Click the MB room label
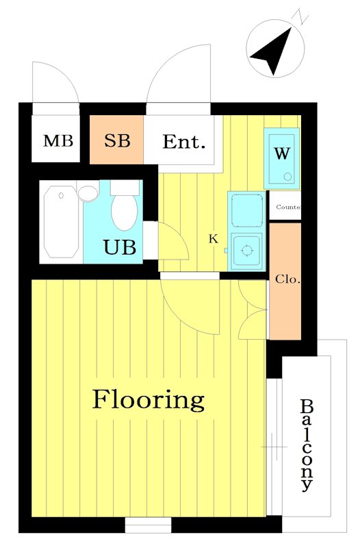coord(58,140)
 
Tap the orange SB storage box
coord(116,140)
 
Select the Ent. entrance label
coord(183,142)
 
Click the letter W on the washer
coord(282,153)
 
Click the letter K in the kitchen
coord(214,239)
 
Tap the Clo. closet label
coord(287,279)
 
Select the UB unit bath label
coord(120,247)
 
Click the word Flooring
coord(148,401)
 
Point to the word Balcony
coord(306,445)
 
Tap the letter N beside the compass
coord(300,16)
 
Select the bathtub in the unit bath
coord(61,222)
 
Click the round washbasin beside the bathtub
coord(88,194)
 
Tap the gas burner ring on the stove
coord(247,250)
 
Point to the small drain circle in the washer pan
coord(287,177)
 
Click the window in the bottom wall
coord(148,525)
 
